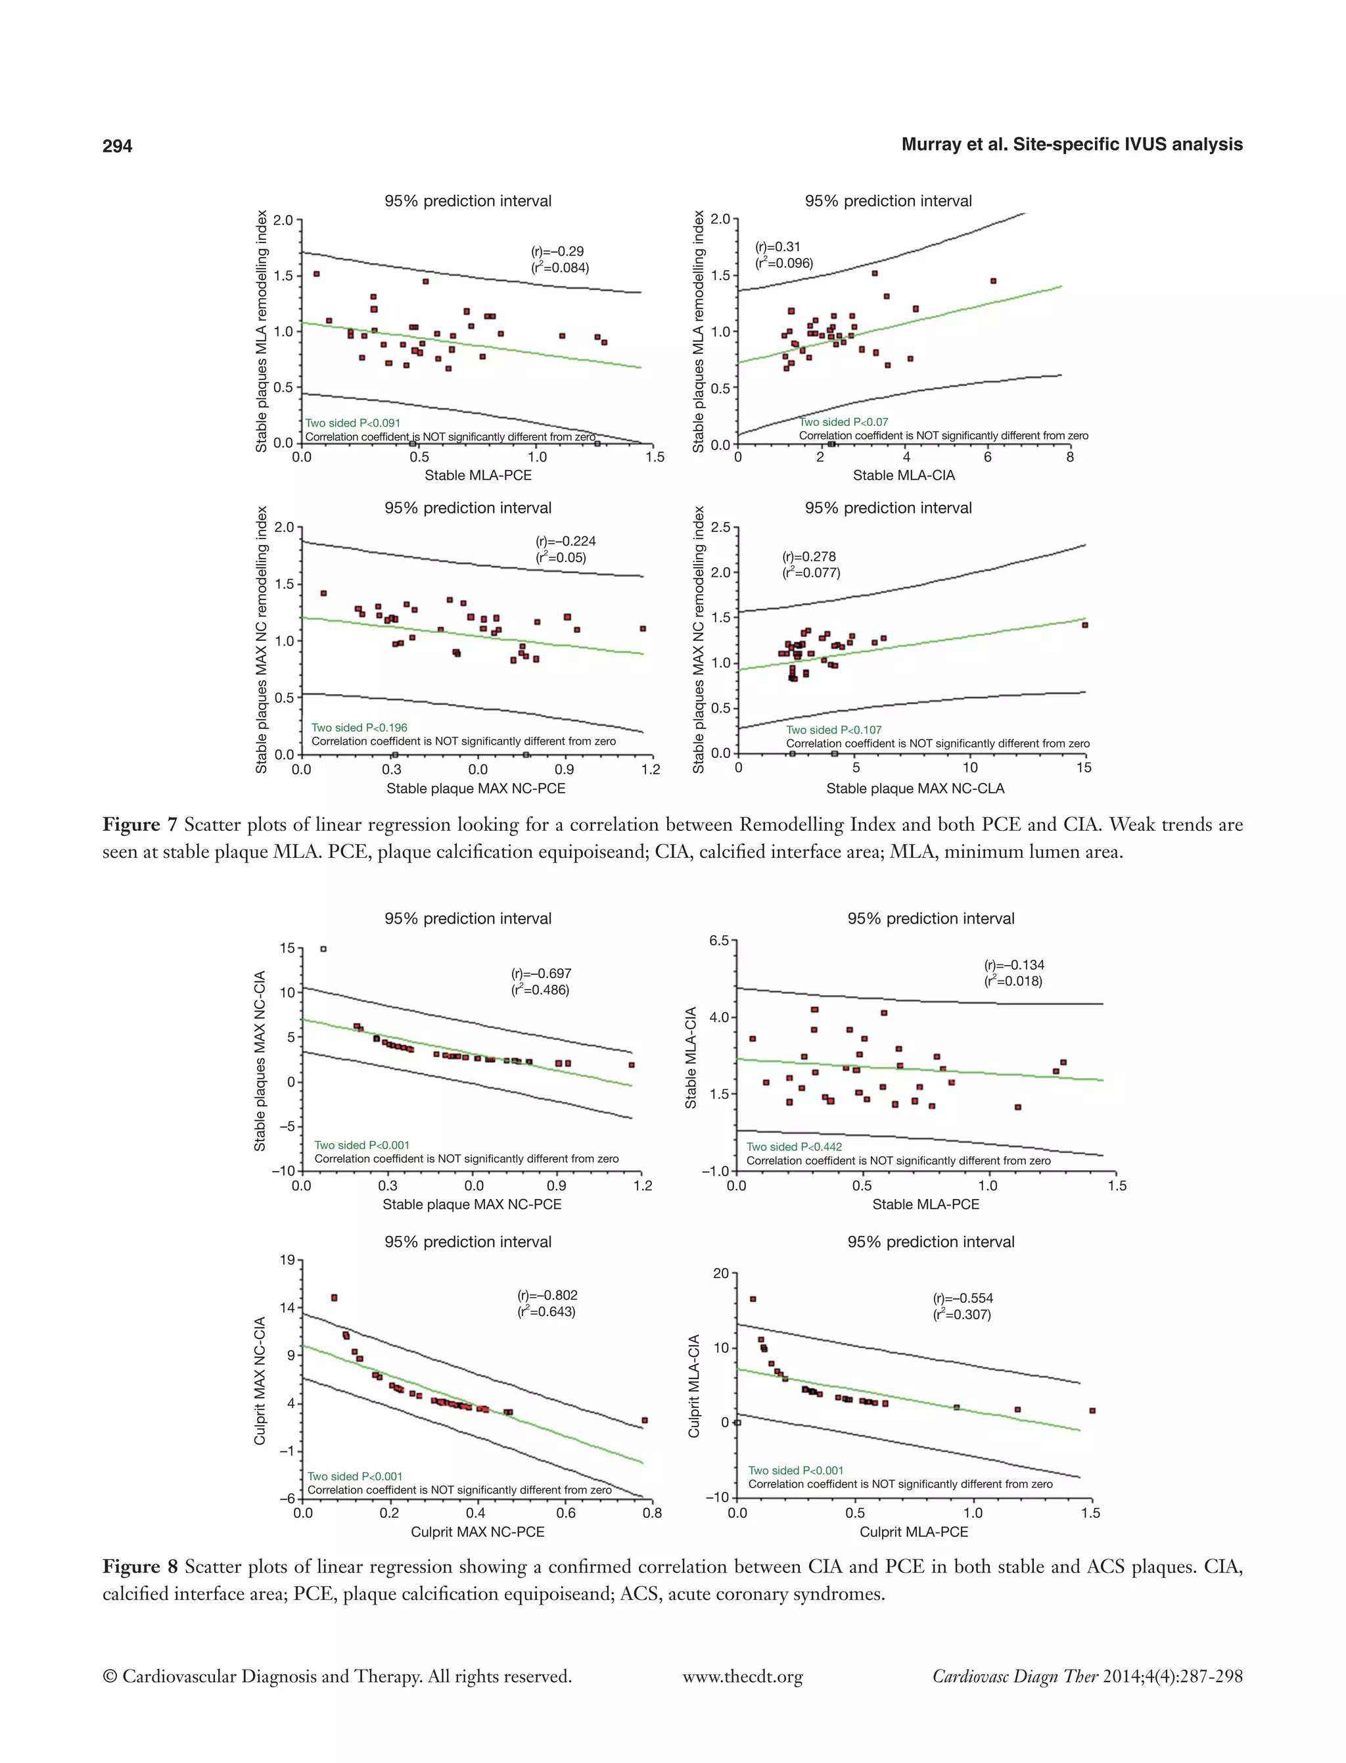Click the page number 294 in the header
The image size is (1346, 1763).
point(117,146)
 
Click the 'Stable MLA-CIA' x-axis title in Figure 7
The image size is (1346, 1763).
point(903,475)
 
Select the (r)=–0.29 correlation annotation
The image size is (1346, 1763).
point(559,252)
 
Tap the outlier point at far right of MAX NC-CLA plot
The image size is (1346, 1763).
point(1085,625)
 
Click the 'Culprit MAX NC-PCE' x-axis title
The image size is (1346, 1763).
point(478,1532)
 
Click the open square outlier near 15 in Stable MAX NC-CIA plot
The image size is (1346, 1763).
point(323,949)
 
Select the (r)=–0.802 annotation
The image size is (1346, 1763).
point(547,1295)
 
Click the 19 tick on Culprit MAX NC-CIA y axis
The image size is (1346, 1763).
point(287,1261)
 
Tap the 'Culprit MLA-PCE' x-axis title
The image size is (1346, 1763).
point(914,1532)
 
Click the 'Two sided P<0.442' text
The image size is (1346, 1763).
point(794,1147)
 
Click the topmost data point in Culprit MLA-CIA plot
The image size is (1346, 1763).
point(753,1299)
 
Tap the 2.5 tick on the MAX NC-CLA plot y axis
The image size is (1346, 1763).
point(720,527)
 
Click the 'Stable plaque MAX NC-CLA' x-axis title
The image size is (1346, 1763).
point(915,789)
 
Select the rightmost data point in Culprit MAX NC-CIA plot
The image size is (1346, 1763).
point(644,1420)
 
